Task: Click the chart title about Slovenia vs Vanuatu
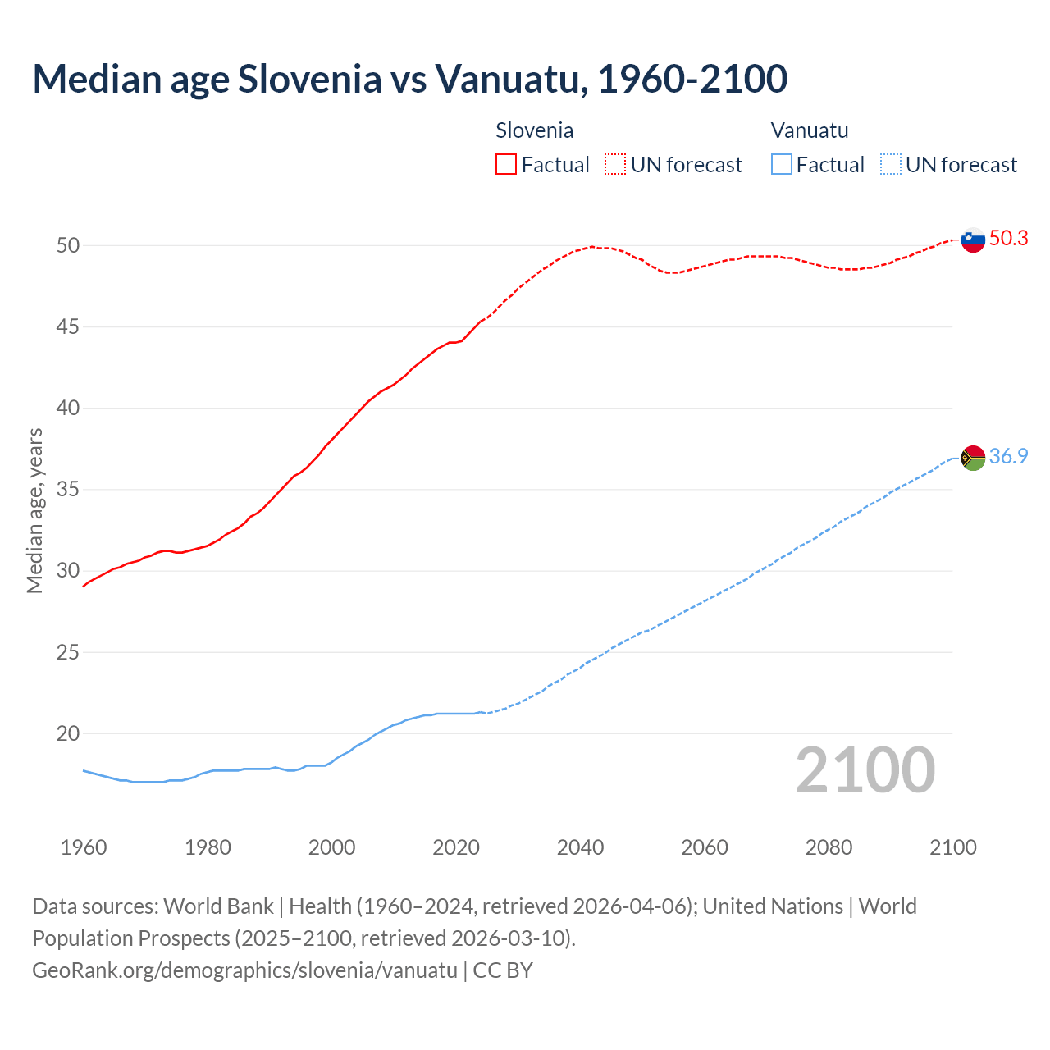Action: (x=410, y=79)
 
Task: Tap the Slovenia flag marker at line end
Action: (x=973, y=240)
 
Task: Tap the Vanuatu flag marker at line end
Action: (x=973, y=458)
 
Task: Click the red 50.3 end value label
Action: (x=1008, y=239)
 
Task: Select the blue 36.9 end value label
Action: (x=1008, y=457)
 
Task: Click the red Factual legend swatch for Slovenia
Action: (x=506, y=165)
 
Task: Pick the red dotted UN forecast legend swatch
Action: (x=615, y=165)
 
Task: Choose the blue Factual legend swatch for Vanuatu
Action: (x=782, y=165)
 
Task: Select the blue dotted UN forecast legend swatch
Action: (x=890, y=165)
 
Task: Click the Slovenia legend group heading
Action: (x=534, y=130)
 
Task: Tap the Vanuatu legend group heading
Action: (x=810, y=130)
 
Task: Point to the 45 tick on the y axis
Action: (x=68, y=327)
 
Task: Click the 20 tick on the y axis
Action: (x=68, y=734)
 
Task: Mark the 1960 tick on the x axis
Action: (x=84, y=847)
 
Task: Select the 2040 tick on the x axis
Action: (x=580, y=847)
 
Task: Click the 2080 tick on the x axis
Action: (x=829, y=847)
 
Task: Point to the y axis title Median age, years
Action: (x=34, y=510)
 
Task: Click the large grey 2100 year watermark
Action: (x=865, y=770)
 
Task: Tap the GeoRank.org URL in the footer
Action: (x=244, y=970)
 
